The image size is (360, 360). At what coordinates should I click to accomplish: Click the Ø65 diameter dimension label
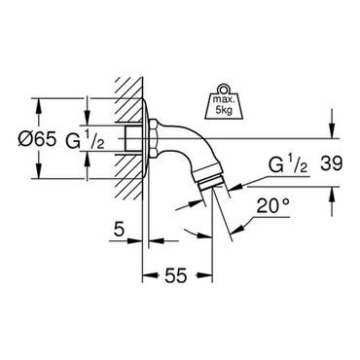(37, 139)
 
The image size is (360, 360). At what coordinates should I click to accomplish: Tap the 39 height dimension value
(332, 163)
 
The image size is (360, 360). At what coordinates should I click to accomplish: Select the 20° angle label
(272, 206)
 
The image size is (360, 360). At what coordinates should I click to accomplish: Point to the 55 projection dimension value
(177, 275)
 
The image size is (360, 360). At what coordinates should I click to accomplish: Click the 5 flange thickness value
(120, 230)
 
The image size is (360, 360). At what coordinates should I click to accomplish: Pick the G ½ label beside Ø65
(85, 139)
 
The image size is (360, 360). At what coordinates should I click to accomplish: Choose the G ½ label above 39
(288, 163)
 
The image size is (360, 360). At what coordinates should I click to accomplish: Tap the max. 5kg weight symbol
(223, 101)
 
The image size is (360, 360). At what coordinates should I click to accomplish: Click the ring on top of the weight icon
(223, 89)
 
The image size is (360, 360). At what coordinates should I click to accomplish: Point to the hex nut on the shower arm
(154, 139)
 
